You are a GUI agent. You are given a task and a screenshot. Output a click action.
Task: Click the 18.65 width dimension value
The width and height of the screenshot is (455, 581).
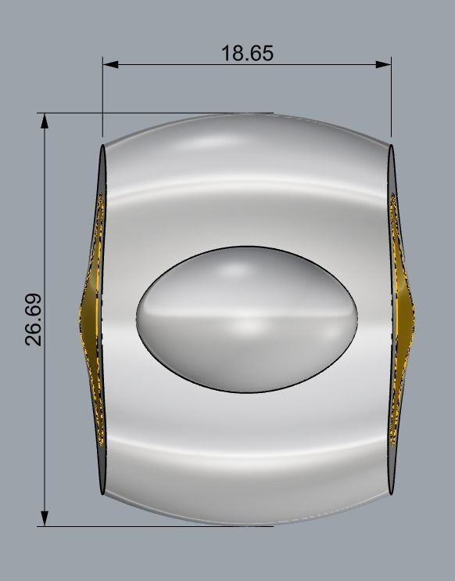(247, 53)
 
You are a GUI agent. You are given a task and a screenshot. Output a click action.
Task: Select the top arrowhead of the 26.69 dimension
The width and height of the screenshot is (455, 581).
(45, 121)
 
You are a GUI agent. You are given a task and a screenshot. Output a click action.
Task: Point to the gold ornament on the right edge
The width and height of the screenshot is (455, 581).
(403, 317)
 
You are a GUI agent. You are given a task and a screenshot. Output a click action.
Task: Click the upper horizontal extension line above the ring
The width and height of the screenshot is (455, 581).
(156, 114)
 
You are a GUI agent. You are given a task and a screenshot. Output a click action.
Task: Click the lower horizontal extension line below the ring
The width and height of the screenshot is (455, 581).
(156, 526)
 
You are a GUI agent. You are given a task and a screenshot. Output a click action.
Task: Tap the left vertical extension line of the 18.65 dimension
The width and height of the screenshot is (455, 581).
(102, 102)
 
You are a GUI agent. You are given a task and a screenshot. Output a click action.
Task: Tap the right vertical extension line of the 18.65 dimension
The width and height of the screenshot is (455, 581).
(391, 102)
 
